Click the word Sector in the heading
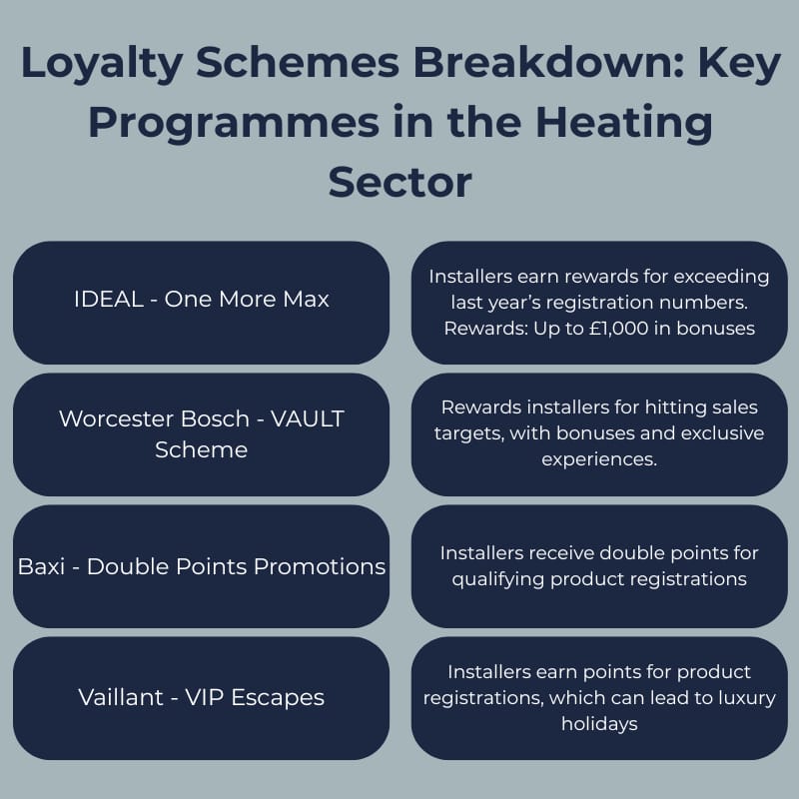point(399,182)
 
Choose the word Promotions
point(320,566)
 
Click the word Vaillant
point(121,696)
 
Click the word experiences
point(599,458)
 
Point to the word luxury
point(740,698)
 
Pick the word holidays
point(599,723)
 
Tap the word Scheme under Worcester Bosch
point(201,449)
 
